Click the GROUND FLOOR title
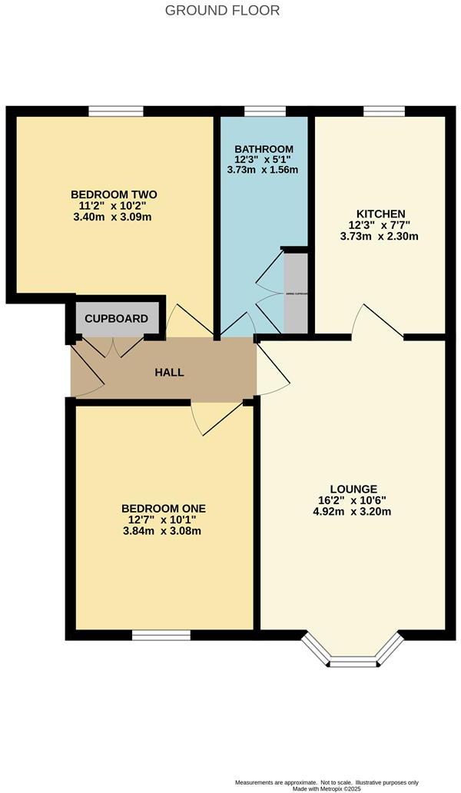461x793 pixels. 223,11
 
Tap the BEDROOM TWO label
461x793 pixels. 114,194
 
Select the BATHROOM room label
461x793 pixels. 264,149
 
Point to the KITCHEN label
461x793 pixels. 380,214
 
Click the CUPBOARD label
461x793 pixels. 116,318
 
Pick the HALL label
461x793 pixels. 169,373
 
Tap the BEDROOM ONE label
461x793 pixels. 164,508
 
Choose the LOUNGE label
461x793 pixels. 353,489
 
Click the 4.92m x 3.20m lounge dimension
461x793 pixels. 353,512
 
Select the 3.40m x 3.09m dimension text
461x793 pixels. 114,217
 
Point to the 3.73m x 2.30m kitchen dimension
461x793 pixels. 380,237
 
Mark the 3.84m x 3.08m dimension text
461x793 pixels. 164,531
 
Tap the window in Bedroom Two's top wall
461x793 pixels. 115,112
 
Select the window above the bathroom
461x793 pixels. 264,112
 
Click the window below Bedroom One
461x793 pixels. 161,635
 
